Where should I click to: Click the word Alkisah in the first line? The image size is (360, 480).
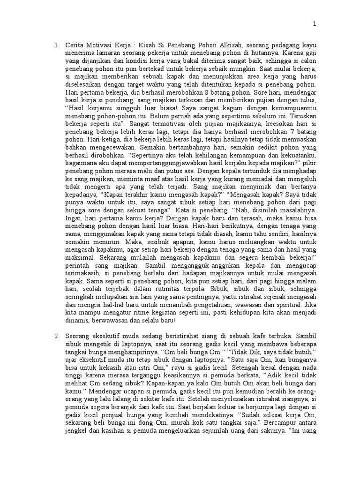(229, 45)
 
